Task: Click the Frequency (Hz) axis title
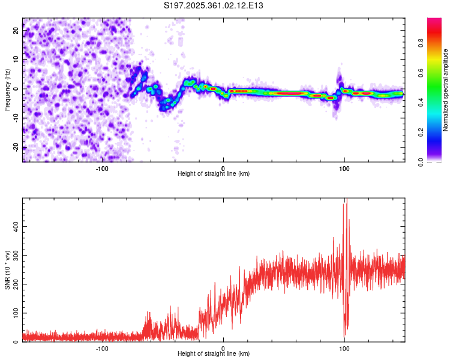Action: click(7, 89)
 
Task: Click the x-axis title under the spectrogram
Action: click(214, 173)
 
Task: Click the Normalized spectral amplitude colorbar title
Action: click(446, 89)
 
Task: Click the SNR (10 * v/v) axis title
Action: click(7, 270)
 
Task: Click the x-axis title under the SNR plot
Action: click(214, 354)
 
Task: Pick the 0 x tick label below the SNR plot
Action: click(223, 348)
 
